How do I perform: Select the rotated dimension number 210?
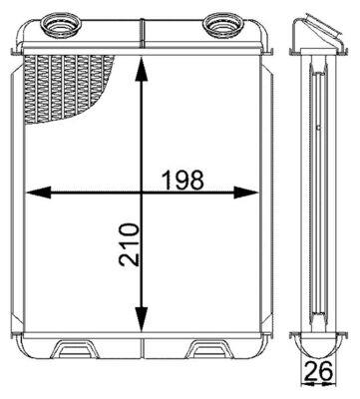pyautogui.click(x=128, y=245)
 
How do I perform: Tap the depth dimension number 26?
pyautogui.click(x=319, y=374)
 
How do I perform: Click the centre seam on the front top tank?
pyautogui.click(x=145, y=36)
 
